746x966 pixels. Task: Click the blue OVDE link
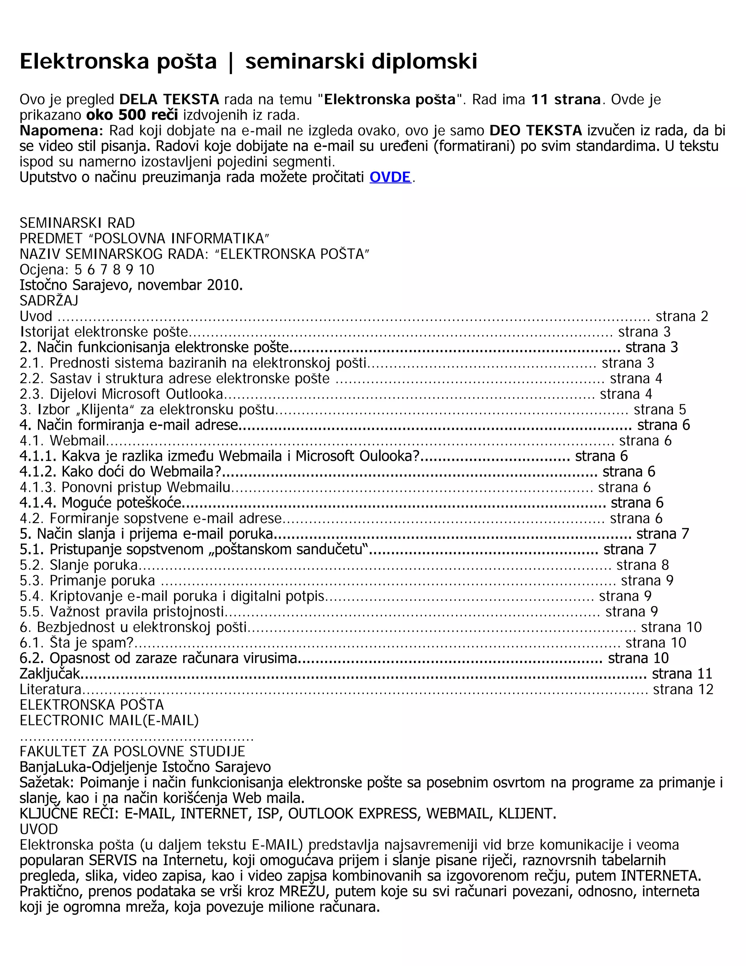click(x=390, y=178)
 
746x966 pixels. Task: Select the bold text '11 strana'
click(x=565, y=100)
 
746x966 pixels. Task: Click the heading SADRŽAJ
click(x=48, y=301)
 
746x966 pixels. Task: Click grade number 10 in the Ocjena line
click(x=146, y=270)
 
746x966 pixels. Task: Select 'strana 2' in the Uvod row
click(x=682, y=316)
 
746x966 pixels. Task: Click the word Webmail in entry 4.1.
click(x=77, y=441)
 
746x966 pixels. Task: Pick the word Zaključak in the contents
click(x=50, y=674)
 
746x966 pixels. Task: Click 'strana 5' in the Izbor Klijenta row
click(x=659, y=410)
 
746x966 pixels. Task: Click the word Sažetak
click(x=48, y=782)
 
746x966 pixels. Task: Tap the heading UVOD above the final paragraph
click(x=39, y=829)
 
